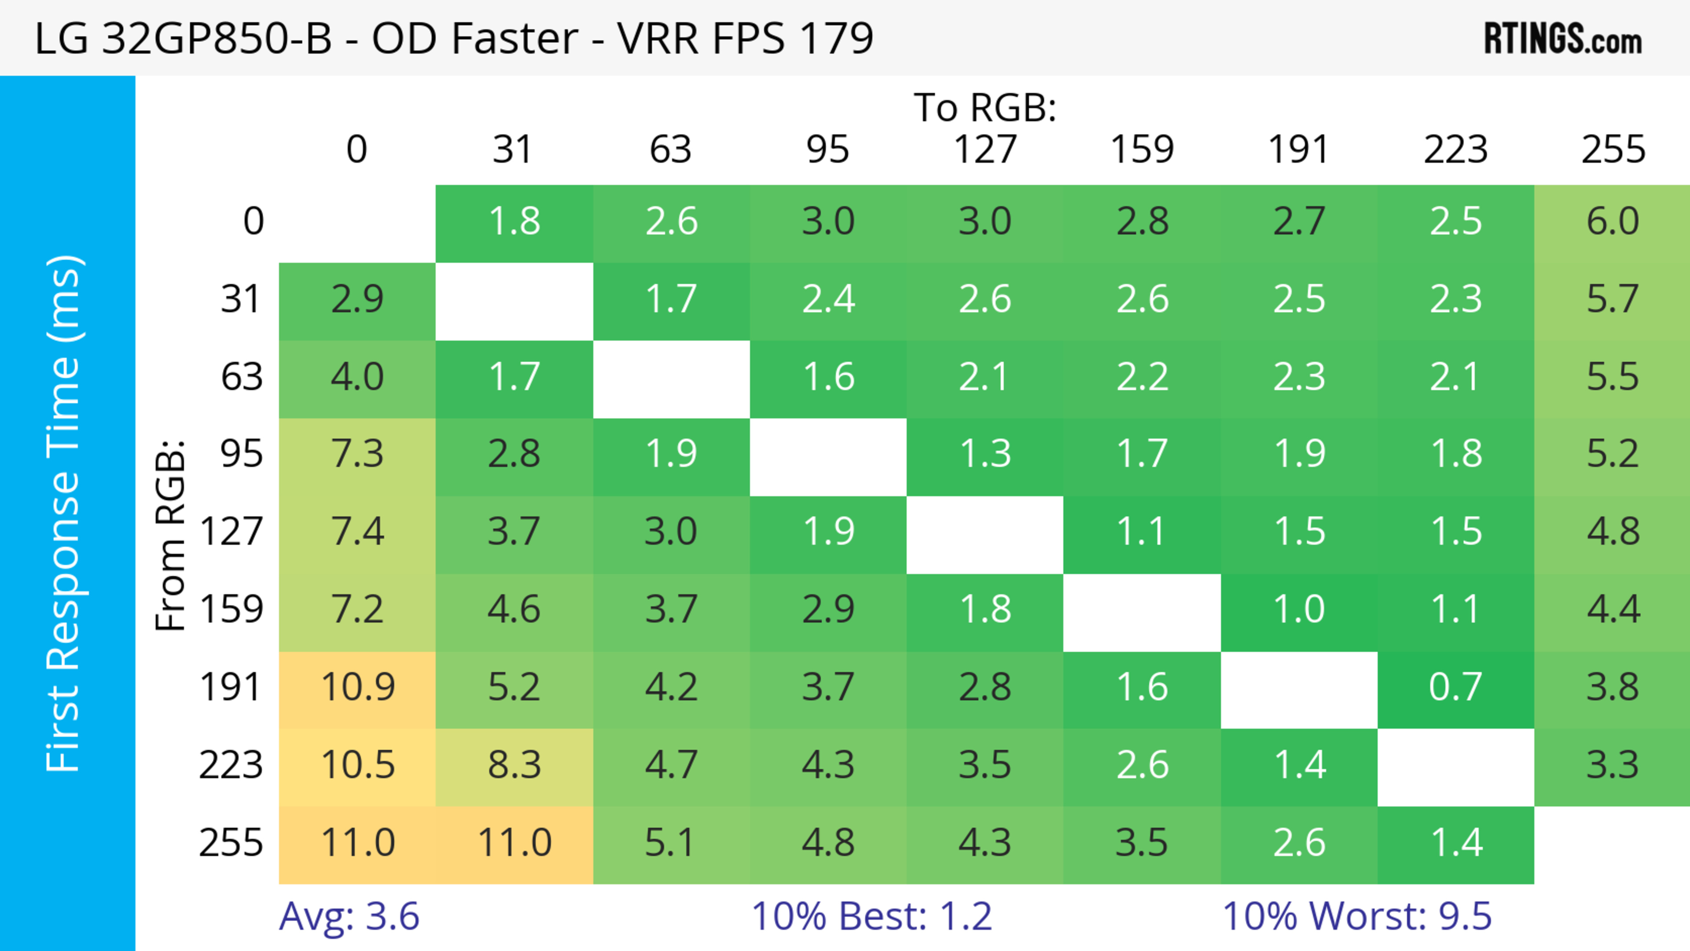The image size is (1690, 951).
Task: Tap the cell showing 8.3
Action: point(514,765)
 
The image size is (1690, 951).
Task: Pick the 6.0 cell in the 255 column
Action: point(1612,221)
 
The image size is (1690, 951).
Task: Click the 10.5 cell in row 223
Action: point(357,765)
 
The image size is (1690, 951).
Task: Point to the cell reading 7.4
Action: point(357,531)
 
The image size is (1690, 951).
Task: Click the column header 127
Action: point(985,150)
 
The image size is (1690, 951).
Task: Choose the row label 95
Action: point(242,453)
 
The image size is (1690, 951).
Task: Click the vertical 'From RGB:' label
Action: point(171,535)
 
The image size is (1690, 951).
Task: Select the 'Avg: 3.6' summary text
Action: point(349,916)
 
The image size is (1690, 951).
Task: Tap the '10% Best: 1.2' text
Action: point(871,916)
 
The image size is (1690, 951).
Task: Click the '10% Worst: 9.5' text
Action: point(1357,916)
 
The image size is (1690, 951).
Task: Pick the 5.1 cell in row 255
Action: point(670,843)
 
